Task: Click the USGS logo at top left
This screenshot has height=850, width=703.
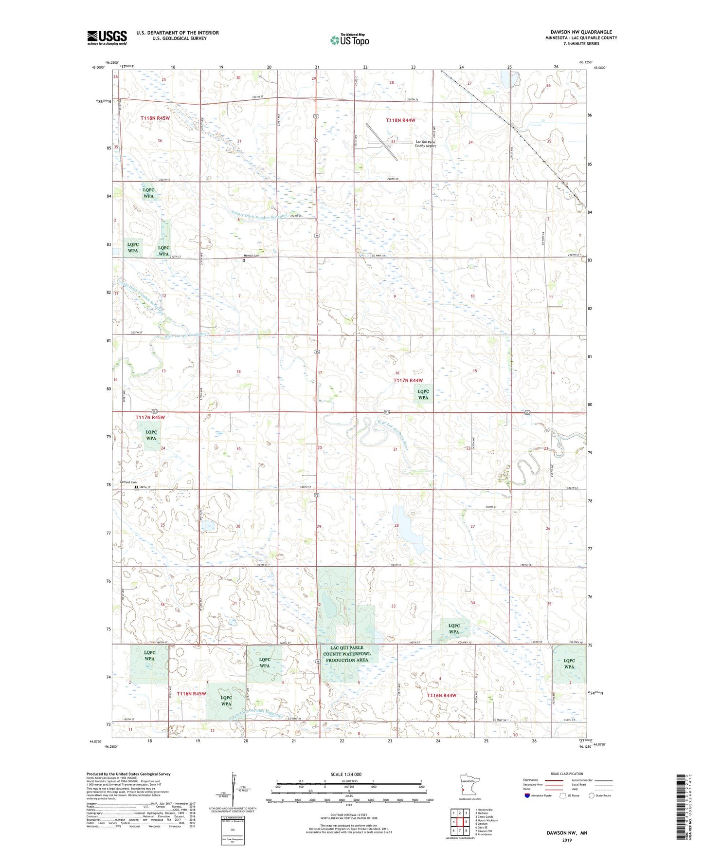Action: point(107,37)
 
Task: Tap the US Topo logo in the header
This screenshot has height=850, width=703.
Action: point(349,40)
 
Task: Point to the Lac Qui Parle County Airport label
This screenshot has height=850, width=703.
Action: point(425,144)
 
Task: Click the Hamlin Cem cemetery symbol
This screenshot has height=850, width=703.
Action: point(244,260)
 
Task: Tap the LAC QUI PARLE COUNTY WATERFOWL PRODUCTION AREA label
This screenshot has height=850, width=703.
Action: point(347,654)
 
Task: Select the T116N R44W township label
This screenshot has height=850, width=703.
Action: point(441,695)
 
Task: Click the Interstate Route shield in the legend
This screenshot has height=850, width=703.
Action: point(527,795)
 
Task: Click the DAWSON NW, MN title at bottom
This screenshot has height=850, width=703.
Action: point(566,832)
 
